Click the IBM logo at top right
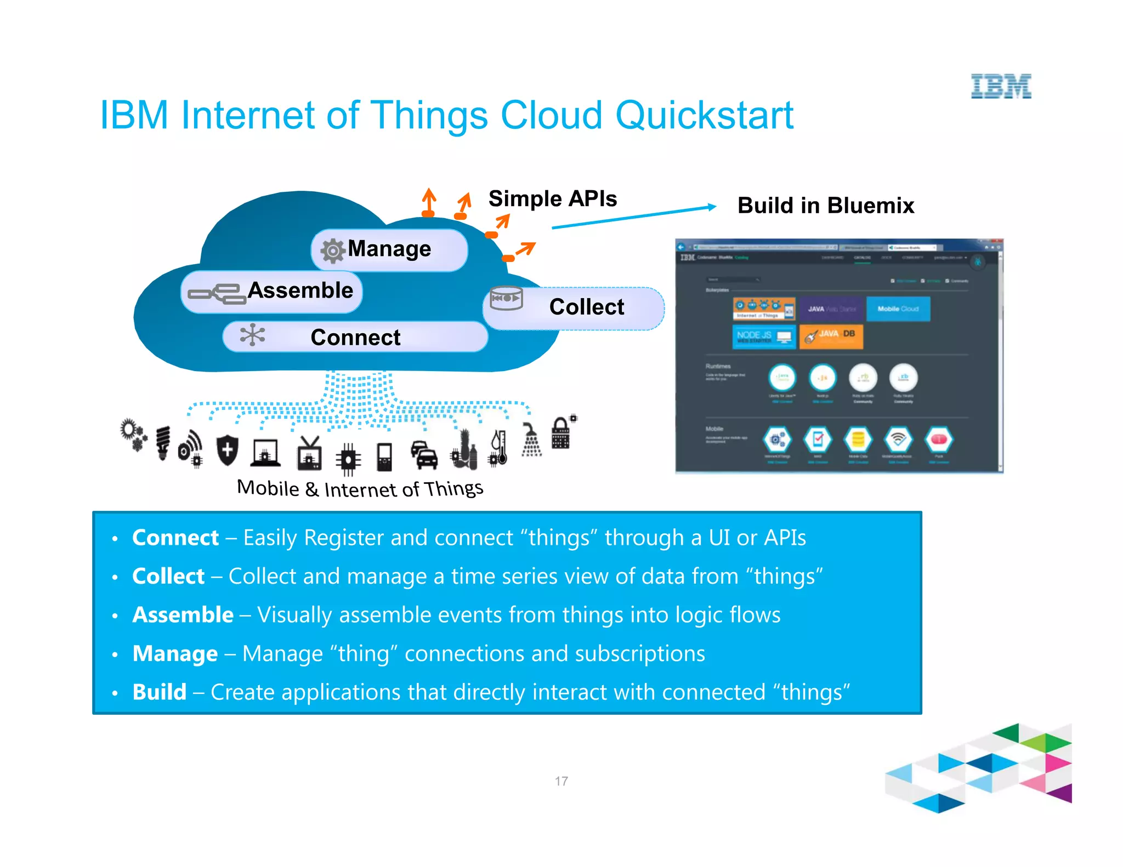tap(1001, 86)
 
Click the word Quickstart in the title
tap(704, 116)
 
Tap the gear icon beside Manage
tap(332, 251)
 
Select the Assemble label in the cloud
tap(300, 290)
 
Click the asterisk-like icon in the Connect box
tap(252, 335)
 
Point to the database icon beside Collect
tap(506, 299)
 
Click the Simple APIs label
tap(552, 198)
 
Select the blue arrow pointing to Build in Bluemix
tap(633, 217)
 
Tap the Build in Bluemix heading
tap(825, 206)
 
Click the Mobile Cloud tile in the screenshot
tap(898, 309)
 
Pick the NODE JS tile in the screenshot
tap(764, 336)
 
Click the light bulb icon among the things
tap(163, 443)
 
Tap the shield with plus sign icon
tap(227, 450)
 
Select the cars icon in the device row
tap(424, 455)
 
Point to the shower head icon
tap(531, 440)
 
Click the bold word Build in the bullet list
tap(160, 692)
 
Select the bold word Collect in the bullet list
tap(168, 577)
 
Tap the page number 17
tap(561, 781)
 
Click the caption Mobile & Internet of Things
tap(360, 488)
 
